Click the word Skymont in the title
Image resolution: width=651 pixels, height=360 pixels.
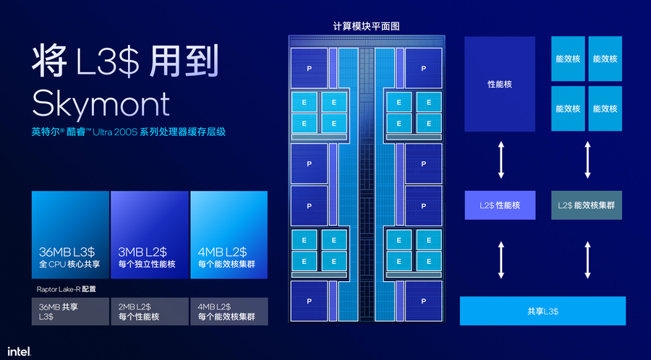pyautogui.click(x=101, y=103)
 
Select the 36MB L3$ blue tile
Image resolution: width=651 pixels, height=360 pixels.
pyautogui.click(x=69, y=235)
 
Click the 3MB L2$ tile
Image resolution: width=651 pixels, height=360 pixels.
pyautogui.click(x=148, y=235)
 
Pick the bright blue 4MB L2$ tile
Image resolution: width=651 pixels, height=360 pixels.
pyautogui.click(x=229, y=235)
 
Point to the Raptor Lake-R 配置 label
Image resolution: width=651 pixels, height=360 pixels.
pyautogui.click(x=66, y=289)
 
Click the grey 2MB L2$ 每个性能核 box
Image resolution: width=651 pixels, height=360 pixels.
pyautogui.click(x=148, y=312)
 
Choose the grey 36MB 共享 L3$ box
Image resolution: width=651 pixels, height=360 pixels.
pyautogui.click(x=69, y=312)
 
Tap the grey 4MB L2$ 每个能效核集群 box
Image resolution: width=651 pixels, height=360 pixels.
pyautogui.click(x=229, y=312)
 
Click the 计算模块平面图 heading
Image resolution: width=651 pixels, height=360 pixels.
pyautogui.click(x=366, y=26)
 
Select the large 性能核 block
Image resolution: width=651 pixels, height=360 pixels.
pyautogui.click(x=500, y=84)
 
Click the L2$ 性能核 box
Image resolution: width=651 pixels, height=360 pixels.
pyautogui.click(x=500, y=205)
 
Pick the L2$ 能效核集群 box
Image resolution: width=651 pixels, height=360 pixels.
pyautogui.click(x=587, y=205)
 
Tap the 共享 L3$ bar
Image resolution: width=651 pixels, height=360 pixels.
pyautogui.click(x=542, y=311)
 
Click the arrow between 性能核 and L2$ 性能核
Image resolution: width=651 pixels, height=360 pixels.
pyautogui.click(x=500, y=161)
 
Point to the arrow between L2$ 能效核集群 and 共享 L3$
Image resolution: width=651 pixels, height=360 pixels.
pyautogui.click(x=587, y=260)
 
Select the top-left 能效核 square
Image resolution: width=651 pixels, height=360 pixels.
pyautogui.click(x=568, y=58)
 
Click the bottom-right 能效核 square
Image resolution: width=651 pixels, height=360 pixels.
pyautogui.click(x=605, y=108)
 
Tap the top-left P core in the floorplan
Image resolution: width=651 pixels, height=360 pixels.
pyautogui.click(x=309, y=68)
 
